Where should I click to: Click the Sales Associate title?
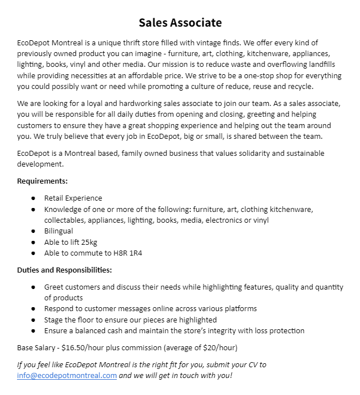click(x=180, y=23)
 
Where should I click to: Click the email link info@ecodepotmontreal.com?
click(x=67, y=375)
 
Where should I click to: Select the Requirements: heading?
click(x=43, y=181)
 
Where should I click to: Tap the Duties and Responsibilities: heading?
click(x=65, y=270)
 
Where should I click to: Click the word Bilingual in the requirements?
click(x=58, y=231)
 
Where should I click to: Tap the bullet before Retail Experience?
click(x=33, y=198)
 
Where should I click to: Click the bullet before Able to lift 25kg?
click(x=33, y=242)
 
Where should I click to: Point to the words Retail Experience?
click(x=73, y=198)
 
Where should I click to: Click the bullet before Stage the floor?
click(x=33, y=320)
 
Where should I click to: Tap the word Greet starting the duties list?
click(x=54, y=287)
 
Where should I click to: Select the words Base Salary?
click(x=39, y=347)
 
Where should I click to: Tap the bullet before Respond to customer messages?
click(x=33, y=309)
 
